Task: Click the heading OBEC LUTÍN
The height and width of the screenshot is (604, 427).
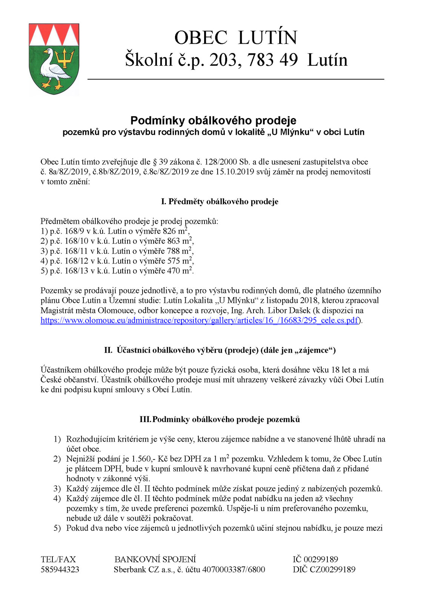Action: pos(236,38)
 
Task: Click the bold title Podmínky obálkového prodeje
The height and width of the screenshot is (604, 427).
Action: pos(213,120)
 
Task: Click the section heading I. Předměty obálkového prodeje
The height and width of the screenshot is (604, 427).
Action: pos(220,202)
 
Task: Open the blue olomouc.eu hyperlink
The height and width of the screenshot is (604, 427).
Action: pos(199,320)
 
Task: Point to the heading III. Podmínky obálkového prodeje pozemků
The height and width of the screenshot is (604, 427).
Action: pos(220,419)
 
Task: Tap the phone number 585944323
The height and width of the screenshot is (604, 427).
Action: pos(60,569)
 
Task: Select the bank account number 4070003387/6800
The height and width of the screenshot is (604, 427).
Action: pos(233,569)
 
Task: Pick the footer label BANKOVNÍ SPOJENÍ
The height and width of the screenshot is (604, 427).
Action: pos(155,559)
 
